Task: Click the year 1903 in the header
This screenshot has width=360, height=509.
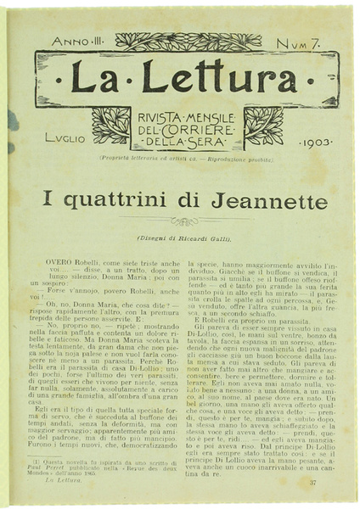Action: click(316, 143)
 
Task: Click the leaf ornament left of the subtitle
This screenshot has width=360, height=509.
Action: click(110, 125)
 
